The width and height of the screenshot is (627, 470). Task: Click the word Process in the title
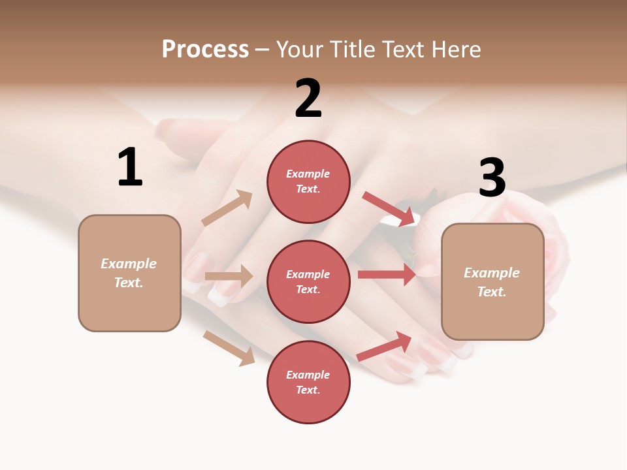[x=205, y=49]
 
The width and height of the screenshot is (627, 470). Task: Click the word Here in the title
[x=454, y=49]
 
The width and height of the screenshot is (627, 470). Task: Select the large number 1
[x=130, y=167]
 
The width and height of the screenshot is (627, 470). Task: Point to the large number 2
[x=308, y=99]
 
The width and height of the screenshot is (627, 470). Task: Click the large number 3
[x=492, y=178]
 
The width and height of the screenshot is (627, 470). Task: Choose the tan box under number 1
[x=129, y=273]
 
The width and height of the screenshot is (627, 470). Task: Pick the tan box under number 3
[x=492, y=281]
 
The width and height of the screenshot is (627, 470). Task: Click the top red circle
[x=308, y=181]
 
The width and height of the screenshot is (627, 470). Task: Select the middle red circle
[x=308, y=281]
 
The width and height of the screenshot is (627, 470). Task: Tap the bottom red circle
[x=308, y=382]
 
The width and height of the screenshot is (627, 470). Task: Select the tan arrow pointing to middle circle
[x=229, y=276]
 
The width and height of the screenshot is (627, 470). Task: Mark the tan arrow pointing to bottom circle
[x=229, y=347]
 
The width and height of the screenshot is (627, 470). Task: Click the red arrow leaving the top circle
[x=389, y=208]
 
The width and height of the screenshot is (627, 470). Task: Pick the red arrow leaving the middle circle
[x=387, y=275]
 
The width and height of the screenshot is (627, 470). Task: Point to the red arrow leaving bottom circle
[x=385, y=346]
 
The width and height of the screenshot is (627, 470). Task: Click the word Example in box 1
[x=129, y=264]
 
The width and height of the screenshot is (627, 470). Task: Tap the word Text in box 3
[x=491, y=292]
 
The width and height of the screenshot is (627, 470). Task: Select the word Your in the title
[x=300, y=49]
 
